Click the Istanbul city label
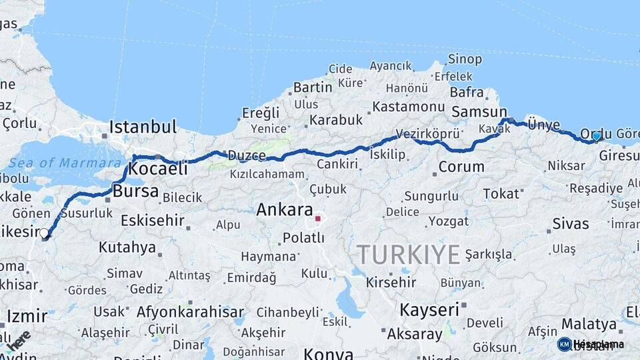[x=143, y=127]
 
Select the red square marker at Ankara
[x=318, y=218]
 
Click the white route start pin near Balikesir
[x=44, y=234]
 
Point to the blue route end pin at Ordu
[x=596, y=136]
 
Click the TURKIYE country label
[x=408, y=255]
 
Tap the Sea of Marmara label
[x=65, y=163]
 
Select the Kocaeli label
[x=157, y=169]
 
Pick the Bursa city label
[x=136, y=191]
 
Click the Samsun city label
[x=479, y=112]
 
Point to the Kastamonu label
[x=408, y=107]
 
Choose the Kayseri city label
[x=429, y=310]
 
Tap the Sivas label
[x=571, y=223]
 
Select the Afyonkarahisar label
[x=190, y=311]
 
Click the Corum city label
[x=461, y=166]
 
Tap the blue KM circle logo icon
[x=564, y=344]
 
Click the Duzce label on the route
[x=247, y=155]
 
